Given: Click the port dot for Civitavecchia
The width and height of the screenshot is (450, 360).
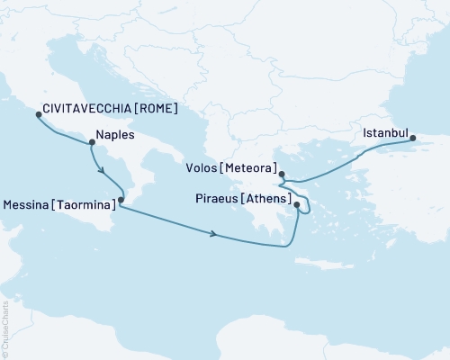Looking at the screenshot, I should pos(38,114).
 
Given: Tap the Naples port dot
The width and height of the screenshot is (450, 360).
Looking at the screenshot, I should pos(91,141).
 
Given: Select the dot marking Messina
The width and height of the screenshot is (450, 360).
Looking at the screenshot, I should pos(120,205).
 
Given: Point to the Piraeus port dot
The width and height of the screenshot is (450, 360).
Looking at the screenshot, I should pos(296,206).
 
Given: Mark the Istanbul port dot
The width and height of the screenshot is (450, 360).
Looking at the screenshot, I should pos(412,139).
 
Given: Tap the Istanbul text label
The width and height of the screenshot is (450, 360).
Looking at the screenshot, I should pos(382,134).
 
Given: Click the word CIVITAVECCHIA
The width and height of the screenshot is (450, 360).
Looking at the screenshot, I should pos(88,109).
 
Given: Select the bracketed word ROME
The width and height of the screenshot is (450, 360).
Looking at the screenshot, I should pos(156,109).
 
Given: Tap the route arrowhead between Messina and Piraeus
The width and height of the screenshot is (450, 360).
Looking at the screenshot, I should pos(213,235).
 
